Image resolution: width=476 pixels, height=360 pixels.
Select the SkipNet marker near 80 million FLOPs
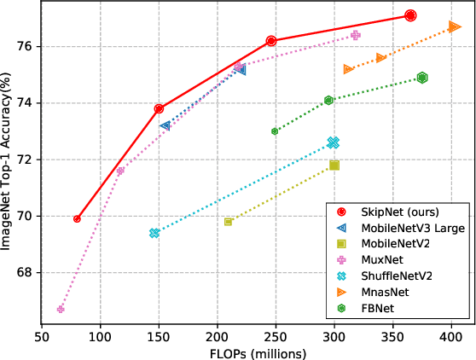click(x=78, y=218)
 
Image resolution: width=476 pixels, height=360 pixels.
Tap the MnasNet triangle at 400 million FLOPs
click(x=454, y=26)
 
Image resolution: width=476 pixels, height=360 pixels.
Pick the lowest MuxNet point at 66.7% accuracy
click(x=61, y=309)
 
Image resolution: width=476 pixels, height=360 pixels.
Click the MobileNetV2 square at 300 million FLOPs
click(x=334, y=165)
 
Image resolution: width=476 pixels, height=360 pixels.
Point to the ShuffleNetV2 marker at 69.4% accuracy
click(x=154, y=233)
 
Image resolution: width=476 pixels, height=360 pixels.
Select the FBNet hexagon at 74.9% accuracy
click(x=422, y=78)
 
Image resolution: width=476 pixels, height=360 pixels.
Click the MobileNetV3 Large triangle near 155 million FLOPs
click(x=165, y=125)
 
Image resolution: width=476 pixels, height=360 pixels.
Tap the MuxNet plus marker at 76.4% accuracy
click(x=356, y=35)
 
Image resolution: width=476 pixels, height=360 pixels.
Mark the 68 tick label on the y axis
click(x=25, y=272)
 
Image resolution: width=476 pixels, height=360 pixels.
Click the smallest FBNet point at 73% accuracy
click(x=275, y=131)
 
